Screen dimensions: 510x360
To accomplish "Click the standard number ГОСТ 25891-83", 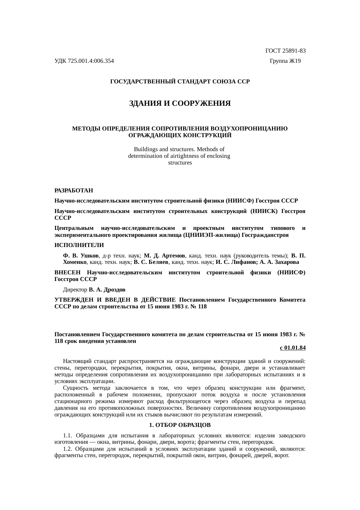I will (x=285, y=51).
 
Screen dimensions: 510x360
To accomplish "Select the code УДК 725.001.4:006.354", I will (x=84, y=61).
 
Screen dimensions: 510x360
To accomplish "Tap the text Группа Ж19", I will (x=285, y=61).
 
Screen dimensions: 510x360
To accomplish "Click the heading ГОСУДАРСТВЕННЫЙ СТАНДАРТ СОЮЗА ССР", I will (x=180, y=82).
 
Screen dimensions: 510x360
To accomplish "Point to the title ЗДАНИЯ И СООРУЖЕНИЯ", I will (x=180, y=103).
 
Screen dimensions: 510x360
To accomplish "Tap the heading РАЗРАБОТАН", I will (x=74, y=191).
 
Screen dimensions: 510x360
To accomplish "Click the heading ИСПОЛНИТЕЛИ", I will (x=79, y=245).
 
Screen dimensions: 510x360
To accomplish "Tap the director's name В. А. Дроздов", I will (x=107, y=290).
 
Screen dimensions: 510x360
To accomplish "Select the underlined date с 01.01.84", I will (x=292, y=348).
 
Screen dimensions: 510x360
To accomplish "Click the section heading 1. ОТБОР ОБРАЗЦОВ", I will (x=180, y=425).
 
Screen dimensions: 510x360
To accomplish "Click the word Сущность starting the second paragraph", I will (x=75, y=388).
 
